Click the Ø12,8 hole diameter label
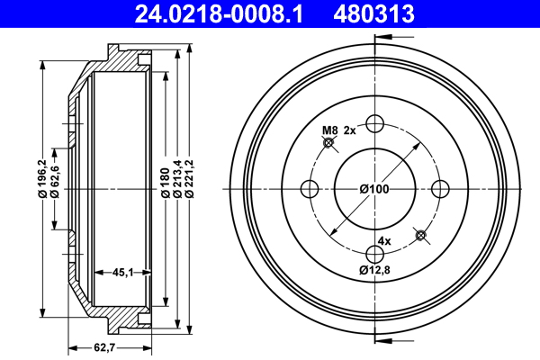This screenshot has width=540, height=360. pyautogui.click(x=374, y=269)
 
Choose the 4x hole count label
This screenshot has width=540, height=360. pyautogui.click(x=384, y=241)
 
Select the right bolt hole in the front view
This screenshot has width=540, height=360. pyautogui.click(x=441, y=188)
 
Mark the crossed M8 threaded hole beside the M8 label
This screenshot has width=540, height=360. pyautogui.click(x=329, y=142)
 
